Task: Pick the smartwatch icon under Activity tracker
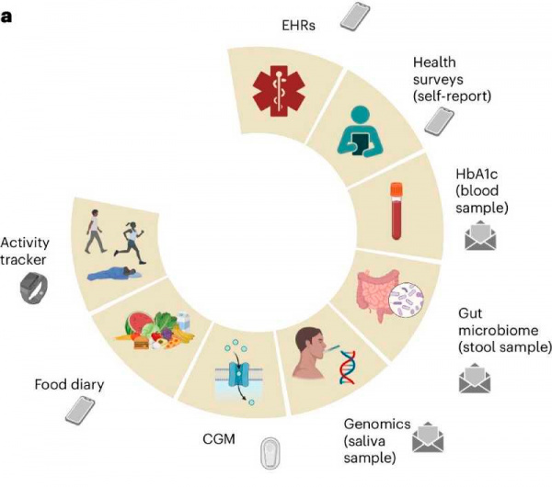34,290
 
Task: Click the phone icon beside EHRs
351,15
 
